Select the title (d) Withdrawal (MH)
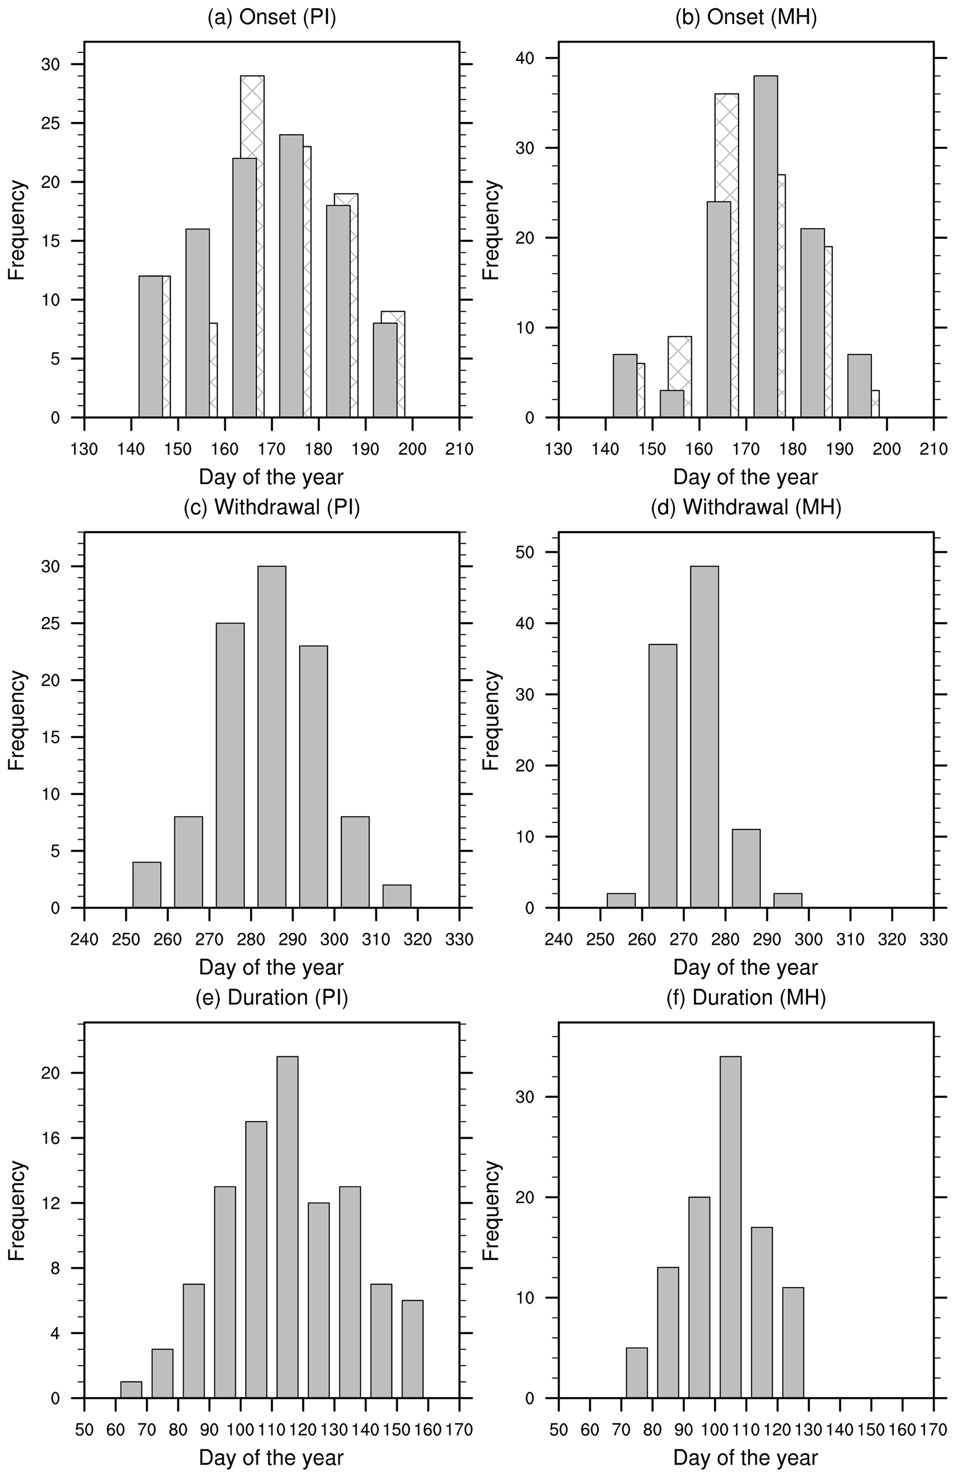746,507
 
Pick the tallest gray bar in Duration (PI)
287,1227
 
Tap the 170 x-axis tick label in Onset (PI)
272,449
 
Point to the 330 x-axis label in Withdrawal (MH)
933,939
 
